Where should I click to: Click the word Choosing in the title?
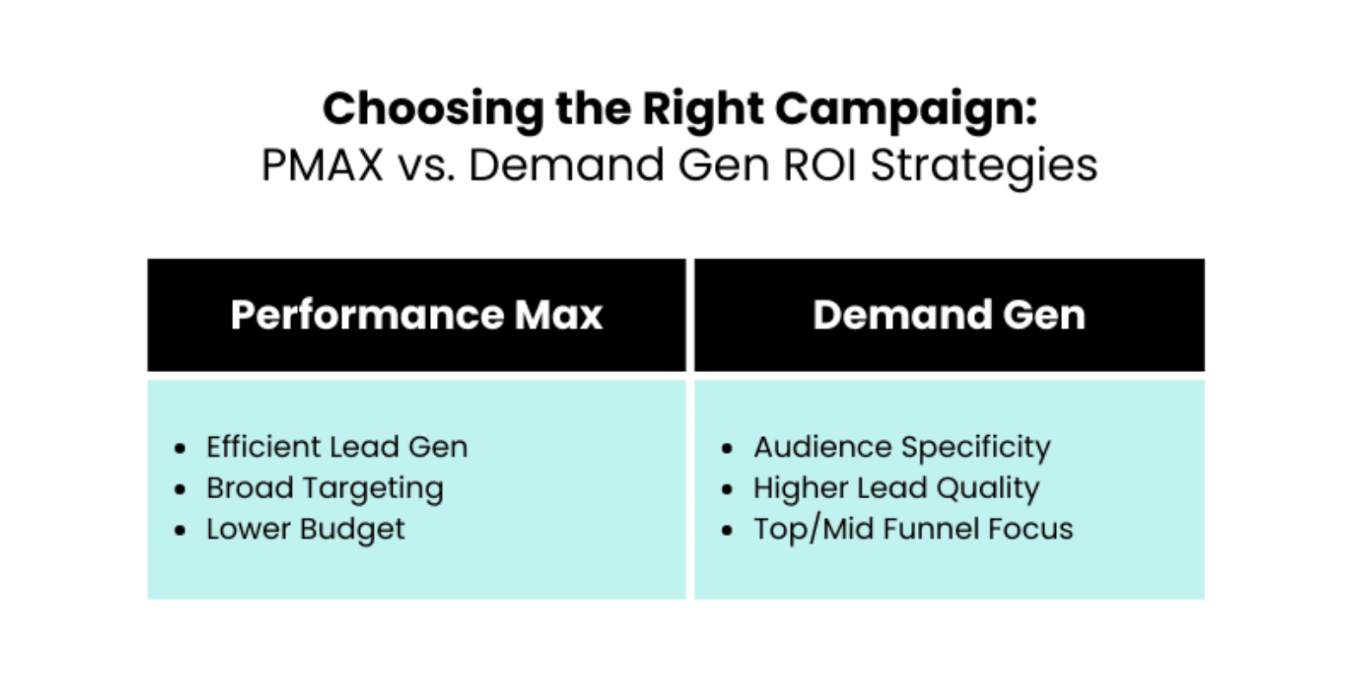click(433, 111)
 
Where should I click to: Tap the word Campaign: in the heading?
click(906, 111)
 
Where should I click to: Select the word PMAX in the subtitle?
click(322, 165)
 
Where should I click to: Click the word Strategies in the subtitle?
click(984, 166)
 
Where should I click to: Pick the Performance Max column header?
click(416, 315)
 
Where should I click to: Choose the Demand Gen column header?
click(949, 315)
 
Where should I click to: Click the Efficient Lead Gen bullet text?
click(337, 447)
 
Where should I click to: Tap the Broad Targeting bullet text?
click(326, 489)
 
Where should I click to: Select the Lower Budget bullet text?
click(306, 530)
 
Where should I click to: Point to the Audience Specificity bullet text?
click(902, 448)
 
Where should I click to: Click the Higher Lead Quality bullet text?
click(896, 489)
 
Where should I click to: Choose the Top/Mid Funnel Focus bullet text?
click(914, 529)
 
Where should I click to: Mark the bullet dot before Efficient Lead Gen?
click(180, 448)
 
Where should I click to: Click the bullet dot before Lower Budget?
click(180, 530)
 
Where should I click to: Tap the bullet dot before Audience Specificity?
click(727, 448)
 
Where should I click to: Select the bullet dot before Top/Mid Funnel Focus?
click(727, 530)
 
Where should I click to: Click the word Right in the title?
click(703, 111)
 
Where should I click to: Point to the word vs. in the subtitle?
click(426, 166)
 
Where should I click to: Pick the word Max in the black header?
click(559, 315)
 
